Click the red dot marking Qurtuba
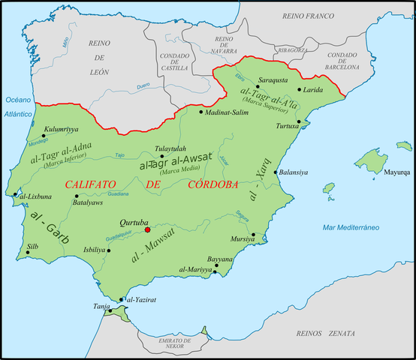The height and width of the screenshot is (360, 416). tap(148, 230)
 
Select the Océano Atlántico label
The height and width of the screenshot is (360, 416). tap(18, 106)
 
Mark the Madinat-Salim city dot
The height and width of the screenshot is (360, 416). tap(201, 112)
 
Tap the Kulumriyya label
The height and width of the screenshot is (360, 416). tap(62, 129)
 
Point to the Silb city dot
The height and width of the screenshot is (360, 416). tap(28, 252)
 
